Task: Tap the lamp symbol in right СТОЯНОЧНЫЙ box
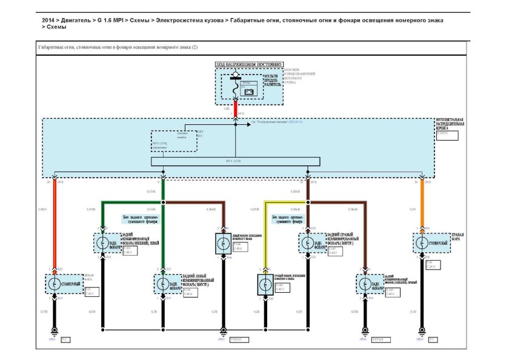point(420,242)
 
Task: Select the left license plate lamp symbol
point(220,244)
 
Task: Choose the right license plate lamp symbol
point(264,283)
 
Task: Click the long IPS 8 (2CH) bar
point(235,162)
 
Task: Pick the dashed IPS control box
point(174,142)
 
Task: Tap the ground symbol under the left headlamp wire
point(55,330)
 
